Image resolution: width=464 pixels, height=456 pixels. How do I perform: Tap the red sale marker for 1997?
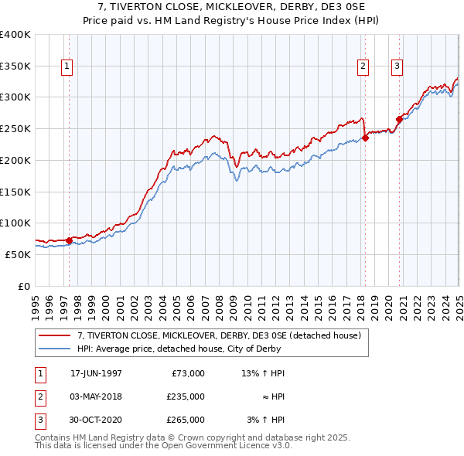click(69, 240)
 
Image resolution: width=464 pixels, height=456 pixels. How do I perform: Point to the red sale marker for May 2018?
click(366, 138)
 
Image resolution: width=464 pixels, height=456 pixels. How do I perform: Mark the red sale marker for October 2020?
click(400, 119)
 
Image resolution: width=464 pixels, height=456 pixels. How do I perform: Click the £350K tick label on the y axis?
click(15, 66)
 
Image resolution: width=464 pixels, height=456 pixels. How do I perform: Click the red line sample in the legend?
click(55, 336)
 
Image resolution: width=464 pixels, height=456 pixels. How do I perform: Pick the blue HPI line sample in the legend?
click(55, 349)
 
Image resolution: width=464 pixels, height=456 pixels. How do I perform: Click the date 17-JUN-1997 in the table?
click(96, 373)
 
